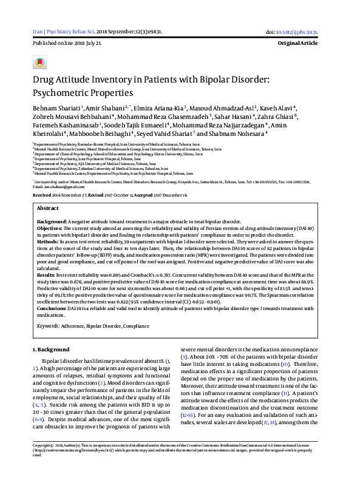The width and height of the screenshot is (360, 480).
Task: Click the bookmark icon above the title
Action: tap(39, 62)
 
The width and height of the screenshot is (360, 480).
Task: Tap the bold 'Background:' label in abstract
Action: tap(52, 221)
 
